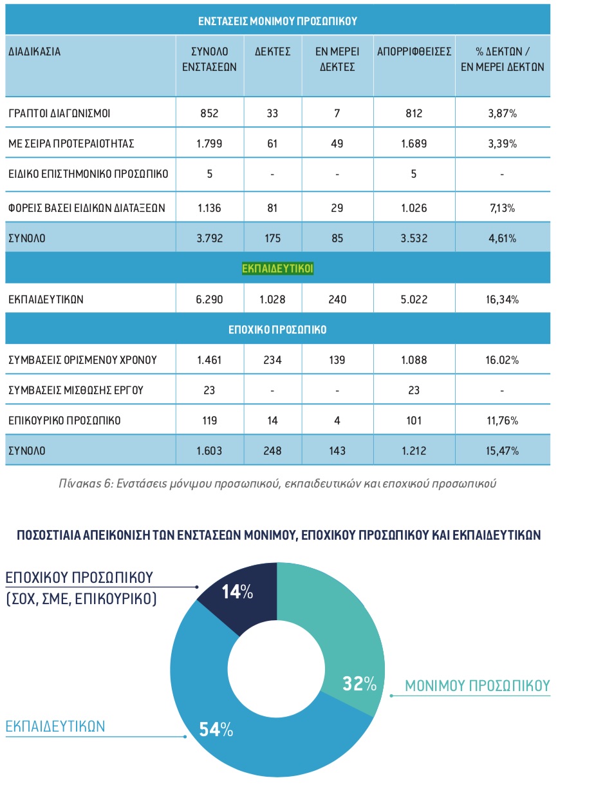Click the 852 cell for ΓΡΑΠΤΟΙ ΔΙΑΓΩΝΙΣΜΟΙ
point(209,114)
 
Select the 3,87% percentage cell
point(502,114)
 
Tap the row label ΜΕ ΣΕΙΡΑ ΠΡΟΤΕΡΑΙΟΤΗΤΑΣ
point(71,144)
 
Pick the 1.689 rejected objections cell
point(414,144)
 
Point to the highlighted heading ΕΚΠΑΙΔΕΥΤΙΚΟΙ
point(277,268)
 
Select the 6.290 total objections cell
point(209,299)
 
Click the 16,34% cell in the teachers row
point(502,299)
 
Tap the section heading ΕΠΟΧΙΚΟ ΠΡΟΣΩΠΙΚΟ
point(277,330)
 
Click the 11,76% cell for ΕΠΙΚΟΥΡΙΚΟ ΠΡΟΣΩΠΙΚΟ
point(502,421)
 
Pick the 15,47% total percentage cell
point(502,451)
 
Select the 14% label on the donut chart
point(237,592)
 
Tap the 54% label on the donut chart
point(216,730)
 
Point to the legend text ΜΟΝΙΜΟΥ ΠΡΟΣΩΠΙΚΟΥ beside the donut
point(478,685)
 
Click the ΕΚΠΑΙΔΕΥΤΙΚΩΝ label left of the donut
point(55,726)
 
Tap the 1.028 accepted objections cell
point(272,299)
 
